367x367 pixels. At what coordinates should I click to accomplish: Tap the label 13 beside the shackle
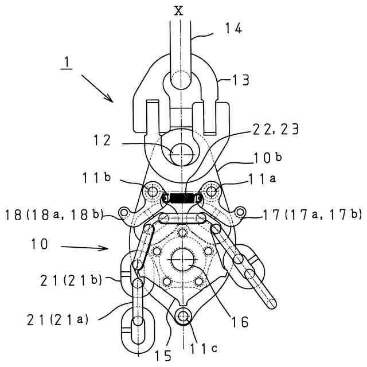coord(241,80)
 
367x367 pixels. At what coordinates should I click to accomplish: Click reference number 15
coord(163,356)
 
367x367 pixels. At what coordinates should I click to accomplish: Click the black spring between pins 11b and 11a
coord(181,199)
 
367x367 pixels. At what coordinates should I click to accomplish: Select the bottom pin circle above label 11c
coord(183,315)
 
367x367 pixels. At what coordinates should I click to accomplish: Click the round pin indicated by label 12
coord(181,152)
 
